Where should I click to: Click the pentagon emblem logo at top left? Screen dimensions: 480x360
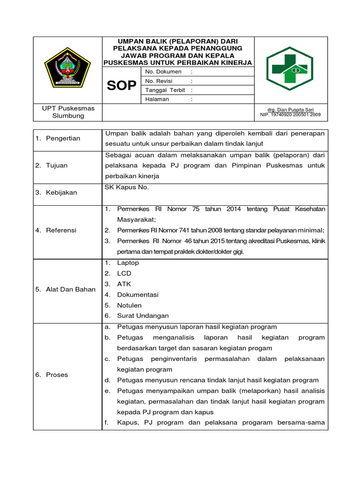67,68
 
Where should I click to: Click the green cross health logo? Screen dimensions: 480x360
287,69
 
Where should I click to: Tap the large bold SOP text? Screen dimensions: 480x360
121,85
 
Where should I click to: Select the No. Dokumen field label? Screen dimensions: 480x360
164,72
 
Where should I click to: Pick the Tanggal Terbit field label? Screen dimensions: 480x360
165,90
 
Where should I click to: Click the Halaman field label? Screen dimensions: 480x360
157,99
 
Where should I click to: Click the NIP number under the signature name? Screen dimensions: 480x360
291,114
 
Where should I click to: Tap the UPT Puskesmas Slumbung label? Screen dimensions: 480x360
68,112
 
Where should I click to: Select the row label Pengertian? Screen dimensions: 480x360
63,138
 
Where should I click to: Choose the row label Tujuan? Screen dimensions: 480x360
57,165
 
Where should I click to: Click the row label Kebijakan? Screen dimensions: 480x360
61,193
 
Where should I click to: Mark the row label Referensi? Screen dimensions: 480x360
61,230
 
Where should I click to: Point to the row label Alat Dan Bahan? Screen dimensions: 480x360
65,289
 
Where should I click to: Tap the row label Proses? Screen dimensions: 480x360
57,375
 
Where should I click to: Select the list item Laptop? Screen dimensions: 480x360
128,263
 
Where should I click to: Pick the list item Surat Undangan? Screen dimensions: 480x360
143,316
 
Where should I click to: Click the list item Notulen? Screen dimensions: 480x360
129,305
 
